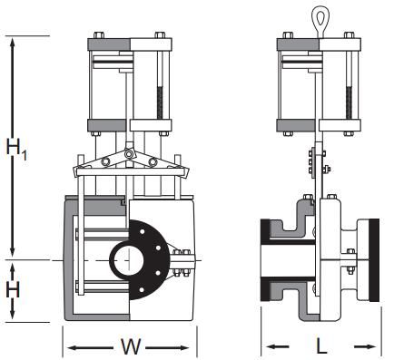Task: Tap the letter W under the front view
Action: (129, 345)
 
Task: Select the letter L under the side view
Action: (321, 345)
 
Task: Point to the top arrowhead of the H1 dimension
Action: (13, 42)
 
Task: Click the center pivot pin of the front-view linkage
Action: (130, 157)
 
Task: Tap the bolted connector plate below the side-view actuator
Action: (320, 163)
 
